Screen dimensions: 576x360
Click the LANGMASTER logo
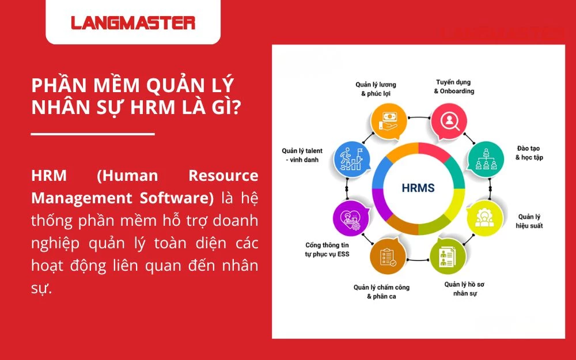pos(133,23)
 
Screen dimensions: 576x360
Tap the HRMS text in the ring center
pos(418,188)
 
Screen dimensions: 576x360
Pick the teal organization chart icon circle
pos(486,160)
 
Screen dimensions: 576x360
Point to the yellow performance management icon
pos(485,218)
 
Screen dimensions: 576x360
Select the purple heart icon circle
pos(351,218)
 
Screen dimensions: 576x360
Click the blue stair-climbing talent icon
pos(351,160)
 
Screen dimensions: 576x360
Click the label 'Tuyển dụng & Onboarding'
pos(454,87)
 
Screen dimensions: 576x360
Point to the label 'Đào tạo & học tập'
pos(529,153)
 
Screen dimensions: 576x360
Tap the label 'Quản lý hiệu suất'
pos(529,221)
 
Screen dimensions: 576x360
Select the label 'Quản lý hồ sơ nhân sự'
pos(465,289)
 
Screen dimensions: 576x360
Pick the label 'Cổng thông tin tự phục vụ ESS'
pos(327,249)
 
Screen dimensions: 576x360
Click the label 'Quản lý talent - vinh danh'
pos(302,155)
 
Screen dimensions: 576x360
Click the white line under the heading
pos(93,134)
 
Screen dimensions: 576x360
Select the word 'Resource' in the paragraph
pos(223,176)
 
